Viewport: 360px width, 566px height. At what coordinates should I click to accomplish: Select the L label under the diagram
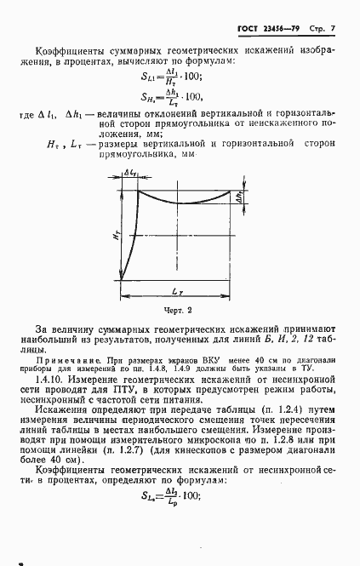[x=175, y=292]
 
